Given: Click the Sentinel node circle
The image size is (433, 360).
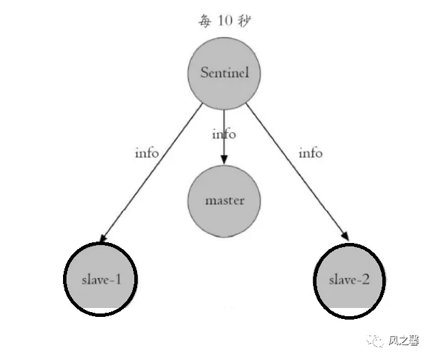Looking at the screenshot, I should tap(224, 74).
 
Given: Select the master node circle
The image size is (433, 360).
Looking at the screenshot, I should tap(224, 201).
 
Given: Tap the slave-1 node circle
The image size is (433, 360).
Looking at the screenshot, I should tap(101, 280).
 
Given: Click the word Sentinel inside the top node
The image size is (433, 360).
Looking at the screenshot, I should tap(224, 73).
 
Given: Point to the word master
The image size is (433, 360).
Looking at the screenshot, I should tap(224, 201).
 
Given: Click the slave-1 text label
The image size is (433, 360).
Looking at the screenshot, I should tap(101, 280).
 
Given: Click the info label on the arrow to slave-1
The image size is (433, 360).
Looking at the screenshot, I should tap(147, 153).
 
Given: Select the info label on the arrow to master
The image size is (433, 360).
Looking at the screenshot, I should tap(224, 134).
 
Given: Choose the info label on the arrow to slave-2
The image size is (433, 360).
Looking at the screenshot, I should tap(310, 153).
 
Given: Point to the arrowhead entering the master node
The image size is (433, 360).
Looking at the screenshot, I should tap(224, 159).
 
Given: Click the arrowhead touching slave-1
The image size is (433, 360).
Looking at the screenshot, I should tap(103, 239).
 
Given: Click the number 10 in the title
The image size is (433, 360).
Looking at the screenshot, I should tap(224, 21).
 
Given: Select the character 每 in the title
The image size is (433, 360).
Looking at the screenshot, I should tap(204, 21).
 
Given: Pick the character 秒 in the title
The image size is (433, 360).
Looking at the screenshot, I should tap(244, 21).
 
